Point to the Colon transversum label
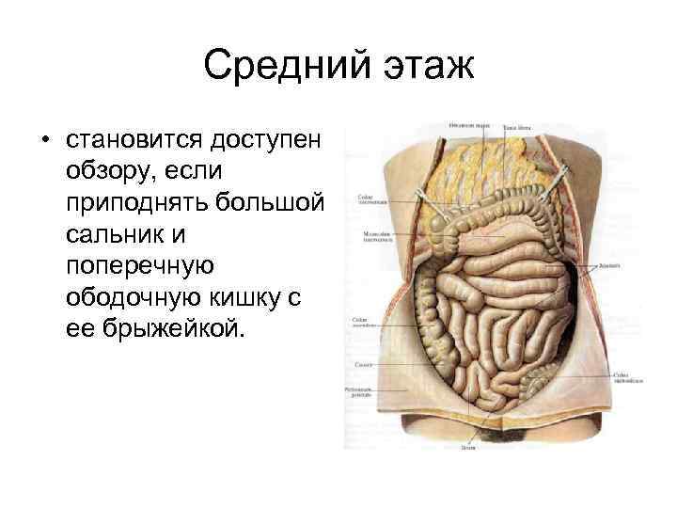368,200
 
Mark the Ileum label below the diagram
467,450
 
